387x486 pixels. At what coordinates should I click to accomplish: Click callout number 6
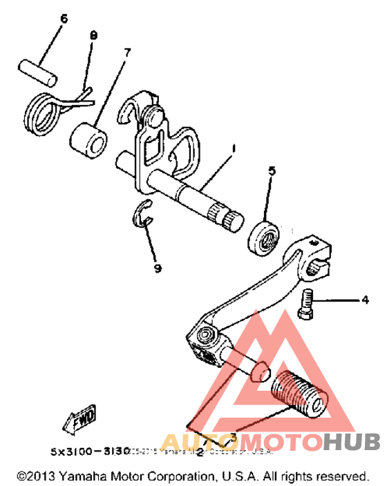tap(64, 19)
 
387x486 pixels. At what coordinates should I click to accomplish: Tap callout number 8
tap(95, 35)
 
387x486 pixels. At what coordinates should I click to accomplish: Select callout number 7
tap(127, 52)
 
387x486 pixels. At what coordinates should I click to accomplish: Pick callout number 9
tap(158, 268)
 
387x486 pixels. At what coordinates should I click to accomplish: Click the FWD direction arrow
tap(80, 419)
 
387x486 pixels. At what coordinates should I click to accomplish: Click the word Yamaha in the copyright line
tap(81, 476)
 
